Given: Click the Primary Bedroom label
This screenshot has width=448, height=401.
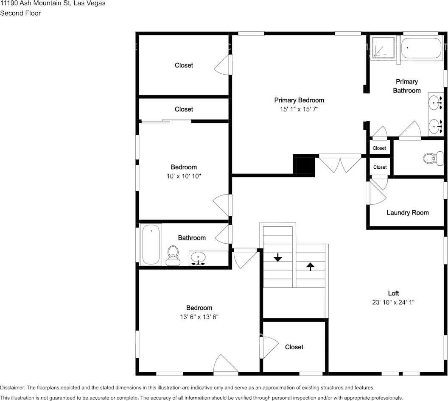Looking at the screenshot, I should point(299,100).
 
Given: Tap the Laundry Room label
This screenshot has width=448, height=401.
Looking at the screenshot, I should point(407,212).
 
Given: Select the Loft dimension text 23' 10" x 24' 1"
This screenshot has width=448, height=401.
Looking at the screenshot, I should point(393,302).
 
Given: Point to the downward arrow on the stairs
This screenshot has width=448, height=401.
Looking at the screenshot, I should point(277,257).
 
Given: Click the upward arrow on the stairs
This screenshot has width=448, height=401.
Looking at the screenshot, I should point(310,266).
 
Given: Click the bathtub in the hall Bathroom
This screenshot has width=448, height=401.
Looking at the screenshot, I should point(151,245).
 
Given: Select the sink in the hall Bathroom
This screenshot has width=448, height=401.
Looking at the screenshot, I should point(198,257).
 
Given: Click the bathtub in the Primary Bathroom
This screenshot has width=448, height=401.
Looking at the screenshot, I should point(421,48).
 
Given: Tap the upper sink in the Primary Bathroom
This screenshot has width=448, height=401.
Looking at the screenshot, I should point(435,102).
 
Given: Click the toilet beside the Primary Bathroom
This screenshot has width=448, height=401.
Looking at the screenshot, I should point(429,159).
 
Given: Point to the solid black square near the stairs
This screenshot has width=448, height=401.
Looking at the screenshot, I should point(305,165).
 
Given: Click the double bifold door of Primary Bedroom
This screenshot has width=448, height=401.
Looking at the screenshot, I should point(340,164).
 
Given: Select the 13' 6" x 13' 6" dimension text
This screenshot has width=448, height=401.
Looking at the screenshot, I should point(199,317).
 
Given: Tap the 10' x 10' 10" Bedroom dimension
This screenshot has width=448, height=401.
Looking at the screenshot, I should point(184,176).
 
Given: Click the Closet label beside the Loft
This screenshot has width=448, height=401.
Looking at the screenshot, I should point(294,347).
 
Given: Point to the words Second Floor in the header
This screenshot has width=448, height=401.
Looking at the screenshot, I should point(20,13).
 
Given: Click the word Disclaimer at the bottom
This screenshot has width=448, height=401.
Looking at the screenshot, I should point(12,387).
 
